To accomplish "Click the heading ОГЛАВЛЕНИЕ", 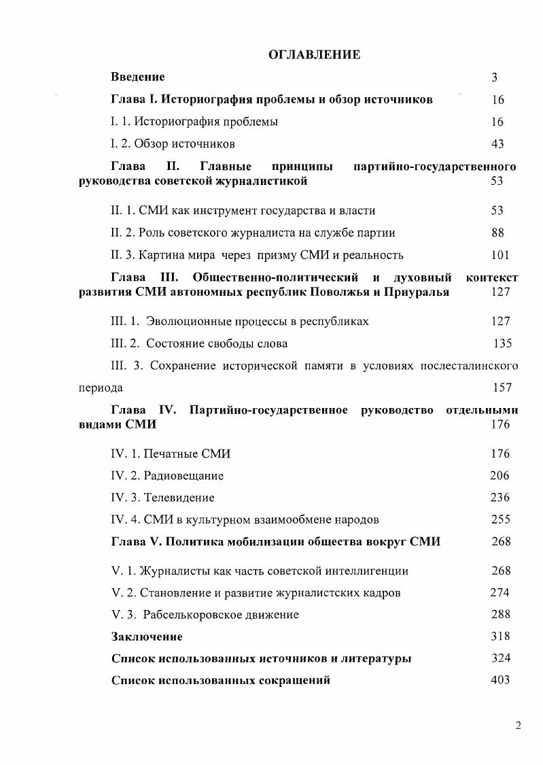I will pos(314,55).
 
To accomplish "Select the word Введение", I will pos(137,78).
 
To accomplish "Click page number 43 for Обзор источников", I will pos(497,144).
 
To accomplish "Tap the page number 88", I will pos(497,233).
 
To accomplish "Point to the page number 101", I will pos(500,256).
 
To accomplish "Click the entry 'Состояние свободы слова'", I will pos(217,343).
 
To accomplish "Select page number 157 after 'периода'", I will pos(502,388).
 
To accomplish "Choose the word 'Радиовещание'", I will pos(183,476).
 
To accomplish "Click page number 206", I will pos(500,476).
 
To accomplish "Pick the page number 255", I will pos(500,520).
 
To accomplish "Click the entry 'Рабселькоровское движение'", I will pos(221,615).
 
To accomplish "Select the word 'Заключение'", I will pos(146,637).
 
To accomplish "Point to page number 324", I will pos(500,659).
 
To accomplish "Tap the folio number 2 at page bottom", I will pos(518,726).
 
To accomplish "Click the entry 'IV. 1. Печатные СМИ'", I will pos(175,454).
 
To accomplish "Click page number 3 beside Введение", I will pos(495,78).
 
